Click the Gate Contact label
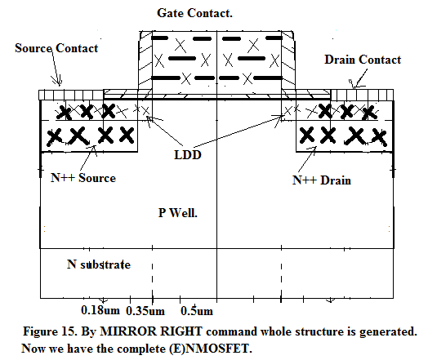(x=194, y=13)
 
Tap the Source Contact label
(x=56, y=48)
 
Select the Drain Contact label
(x=363, y=60)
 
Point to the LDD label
(x=188, y=155)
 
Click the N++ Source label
(x=83, y=178)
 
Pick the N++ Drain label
(x=322, y=180)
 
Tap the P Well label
(x=178, y=213)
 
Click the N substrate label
(x=99, y=264)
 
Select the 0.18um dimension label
(x=100, y=310)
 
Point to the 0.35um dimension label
(x=145, y=311)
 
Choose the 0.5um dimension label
(x=197, y=311)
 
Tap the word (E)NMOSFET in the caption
(x=210, y=349)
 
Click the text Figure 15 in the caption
(x=50, y=331)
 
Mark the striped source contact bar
(x=71, y=95)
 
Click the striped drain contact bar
(x=362, y=95)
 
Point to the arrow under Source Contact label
(x=56, y=68)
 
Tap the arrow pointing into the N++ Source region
(x=88, y=158)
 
